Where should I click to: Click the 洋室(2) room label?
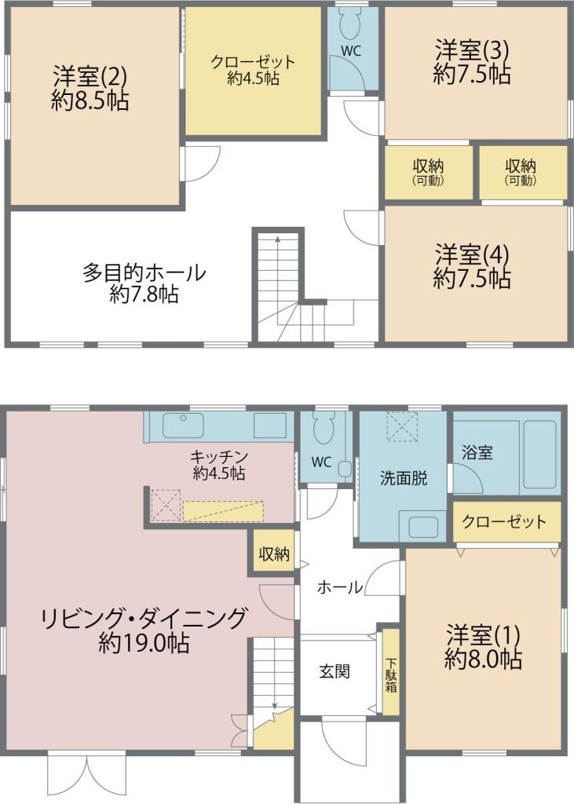90,77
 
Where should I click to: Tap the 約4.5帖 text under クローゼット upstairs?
253,79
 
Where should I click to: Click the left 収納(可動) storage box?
428,172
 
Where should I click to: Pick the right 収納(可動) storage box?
521,172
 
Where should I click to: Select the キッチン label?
219,456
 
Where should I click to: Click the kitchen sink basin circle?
183,418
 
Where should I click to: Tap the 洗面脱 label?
404,477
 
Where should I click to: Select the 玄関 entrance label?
335,672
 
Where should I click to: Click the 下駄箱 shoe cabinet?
390,673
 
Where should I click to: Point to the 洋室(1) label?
483,634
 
